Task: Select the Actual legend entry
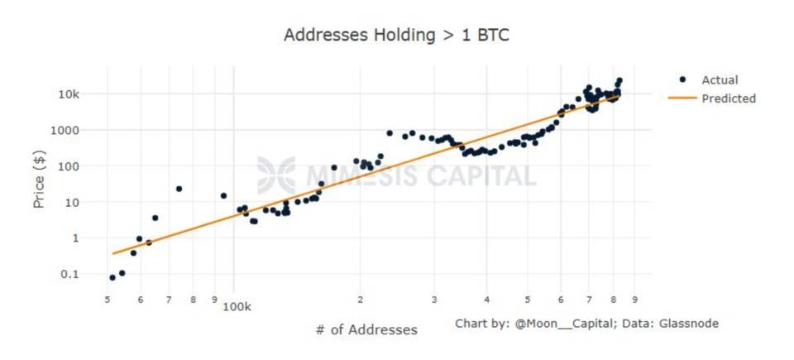[719, 80]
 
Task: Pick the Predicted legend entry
[728, 98]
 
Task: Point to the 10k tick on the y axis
[68, 94]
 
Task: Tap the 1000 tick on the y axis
[65, 131]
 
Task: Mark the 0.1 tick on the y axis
[69, 274]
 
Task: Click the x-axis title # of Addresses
[366, 329]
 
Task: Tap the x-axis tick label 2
[361, 299]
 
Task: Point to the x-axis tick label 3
[433, 299]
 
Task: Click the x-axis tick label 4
[487, 299]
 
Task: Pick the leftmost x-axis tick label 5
[108, 299]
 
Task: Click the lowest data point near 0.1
[112, 277]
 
